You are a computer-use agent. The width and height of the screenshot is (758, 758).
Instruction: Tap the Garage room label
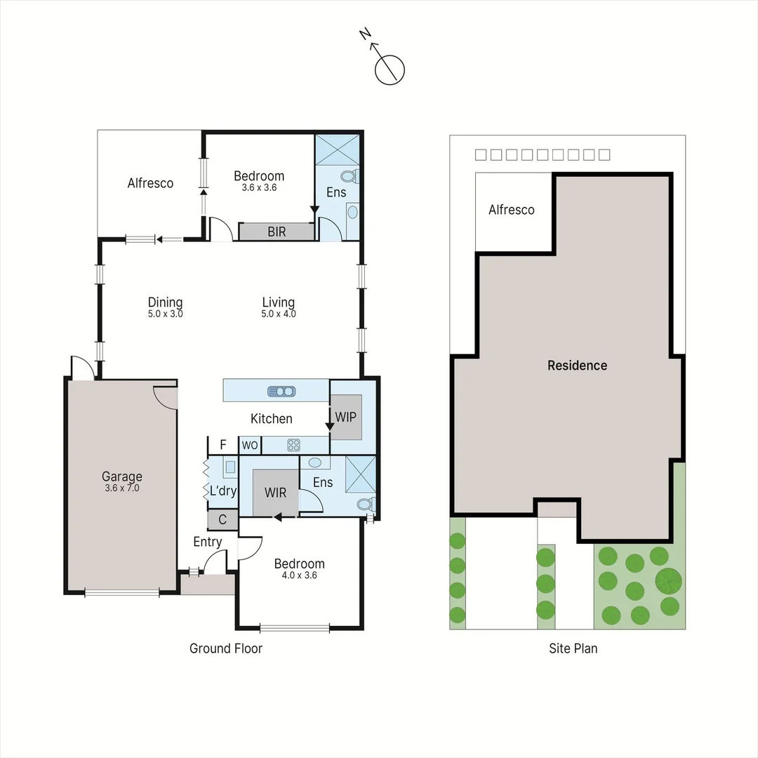coord(121,477)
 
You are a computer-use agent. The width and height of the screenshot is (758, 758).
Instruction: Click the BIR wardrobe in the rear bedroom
coord(277,232)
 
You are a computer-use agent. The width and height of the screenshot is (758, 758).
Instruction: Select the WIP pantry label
coord(345,417)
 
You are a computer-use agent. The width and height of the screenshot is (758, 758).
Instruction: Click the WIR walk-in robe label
coord(275,493)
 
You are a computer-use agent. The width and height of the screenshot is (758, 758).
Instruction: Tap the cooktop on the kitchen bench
coord(293,444)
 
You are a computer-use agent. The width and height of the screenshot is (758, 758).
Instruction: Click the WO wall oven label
coord(249,445)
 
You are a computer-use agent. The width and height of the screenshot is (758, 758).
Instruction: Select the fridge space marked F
coord(223,444)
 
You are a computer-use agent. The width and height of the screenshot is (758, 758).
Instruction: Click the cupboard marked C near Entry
coord(222,520)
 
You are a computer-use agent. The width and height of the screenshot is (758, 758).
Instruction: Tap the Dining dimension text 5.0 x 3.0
coord(165,314)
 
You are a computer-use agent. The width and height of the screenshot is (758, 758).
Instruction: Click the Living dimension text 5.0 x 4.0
coord(278,314)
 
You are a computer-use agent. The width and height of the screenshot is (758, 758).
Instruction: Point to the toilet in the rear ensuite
coord(348,177)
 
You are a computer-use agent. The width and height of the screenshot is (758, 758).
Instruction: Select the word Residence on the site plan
coord(577,365)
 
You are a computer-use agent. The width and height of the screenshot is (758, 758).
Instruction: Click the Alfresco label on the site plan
coord(511,210)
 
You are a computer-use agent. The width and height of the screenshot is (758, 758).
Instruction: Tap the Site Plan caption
coord(573,649)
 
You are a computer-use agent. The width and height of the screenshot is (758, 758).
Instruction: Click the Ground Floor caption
coord(225,649)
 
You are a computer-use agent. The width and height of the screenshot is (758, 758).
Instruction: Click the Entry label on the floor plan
coord(207,542)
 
